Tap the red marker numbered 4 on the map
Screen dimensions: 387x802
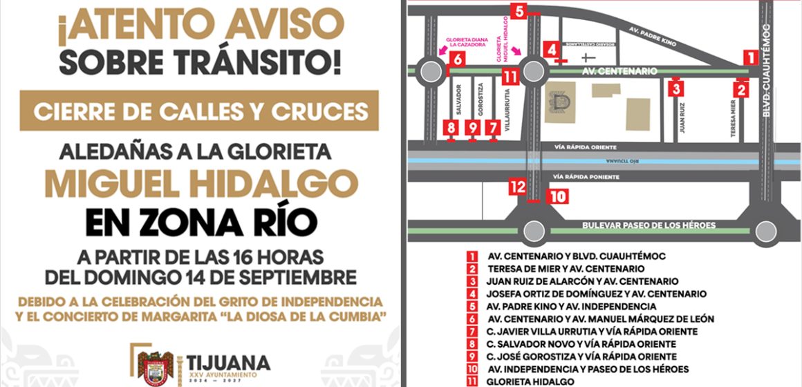pyautogui.click(x=551, y=50)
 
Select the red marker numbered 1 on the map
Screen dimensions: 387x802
pyautogui.click(x=749, y=57)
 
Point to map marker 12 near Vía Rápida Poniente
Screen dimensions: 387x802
pyautogui.click(x=517, y=186)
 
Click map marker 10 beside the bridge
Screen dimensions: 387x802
pyautogui.click(x=558, y=196)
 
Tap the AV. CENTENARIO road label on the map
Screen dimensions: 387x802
pyautogui.click(x=619, y=71)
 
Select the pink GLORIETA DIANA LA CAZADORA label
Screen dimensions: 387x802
pyautogui.click(x=470, y=42)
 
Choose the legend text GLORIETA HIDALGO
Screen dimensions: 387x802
pyautogui.click(x=530, y=381)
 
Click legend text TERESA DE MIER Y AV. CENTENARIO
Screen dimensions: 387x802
pyautogui.click(x=566, y=268)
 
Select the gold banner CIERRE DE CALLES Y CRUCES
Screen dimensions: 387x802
pyautogui.click(x=200, y=109)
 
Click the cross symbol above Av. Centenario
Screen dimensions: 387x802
pyautogui.click(x=588, y=57)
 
